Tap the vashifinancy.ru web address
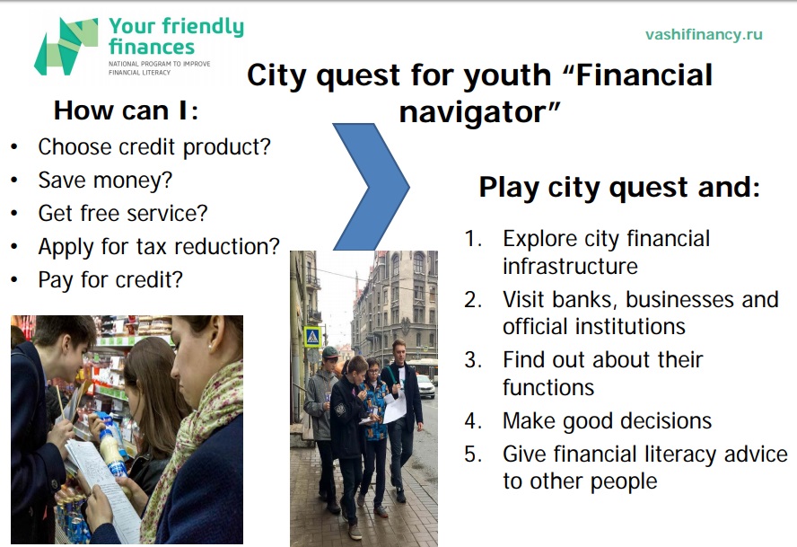704,35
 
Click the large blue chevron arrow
371,187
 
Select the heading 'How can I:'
126,110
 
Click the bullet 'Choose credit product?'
154,147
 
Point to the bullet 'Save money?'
105,181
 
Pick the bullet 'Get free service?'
123,214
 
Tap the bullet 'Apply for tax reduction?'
159,247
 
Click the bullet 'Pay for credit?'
110,280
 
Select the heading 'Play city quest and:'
619,187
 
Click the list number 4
473,421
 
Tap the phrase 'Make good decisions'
607,422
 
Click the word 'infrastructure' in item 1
570,266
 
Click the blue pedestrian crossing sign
312,336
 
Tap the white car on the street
425,386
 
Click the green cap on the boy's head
329,352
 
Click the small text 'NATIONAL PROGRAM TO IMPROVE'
159,64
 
